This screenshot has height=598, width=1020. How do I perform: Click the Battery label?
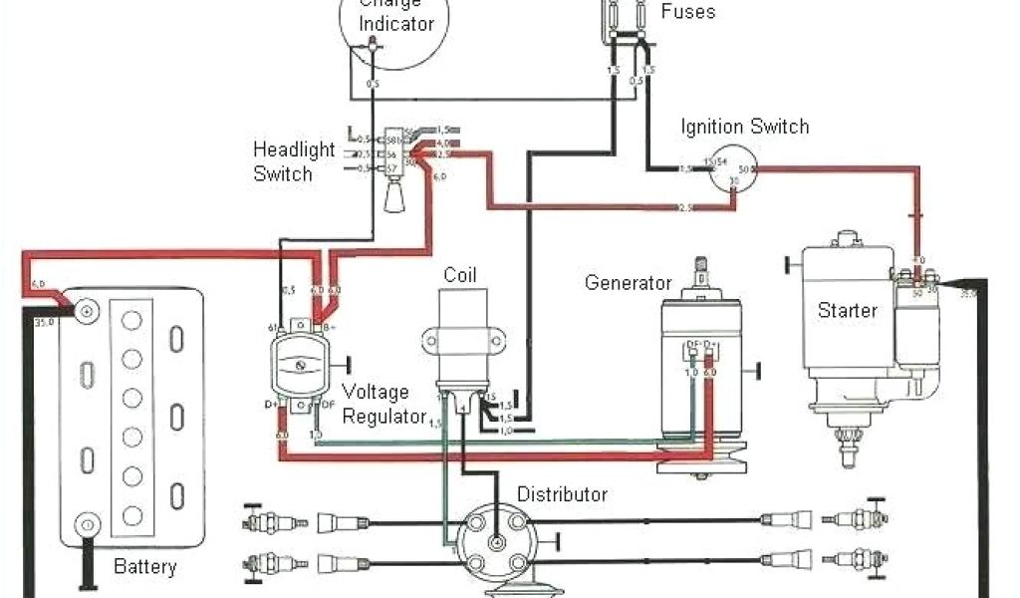pyautogui.click(x=144, y=568)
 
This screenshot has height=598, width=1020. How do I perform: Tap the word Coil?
pyautogui.click(x=461, y=274)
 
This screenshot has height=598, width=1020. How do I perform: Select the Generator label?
pyautogui.click(x=628, y=283)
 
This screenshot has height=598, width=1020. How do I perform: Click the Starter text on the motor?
pyautogui.click(x=848, y=310)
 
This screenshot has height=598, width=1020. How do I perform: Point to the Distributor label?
pyautogui.click(x=562, y=494)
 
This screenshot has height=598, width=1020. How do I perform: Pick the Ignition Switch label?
pyautogui.click(x=744, y=127)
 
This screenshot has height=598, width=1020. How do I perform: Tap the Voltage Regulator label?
pyautogui.click(x=383, y=404)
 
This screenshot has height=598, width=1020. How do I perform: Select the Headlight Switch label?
pyautogui.click(x=293, y=161)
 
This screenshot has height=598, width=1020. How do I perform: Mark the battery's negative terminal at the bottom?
pyautogui.click(x=87, y=525)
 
